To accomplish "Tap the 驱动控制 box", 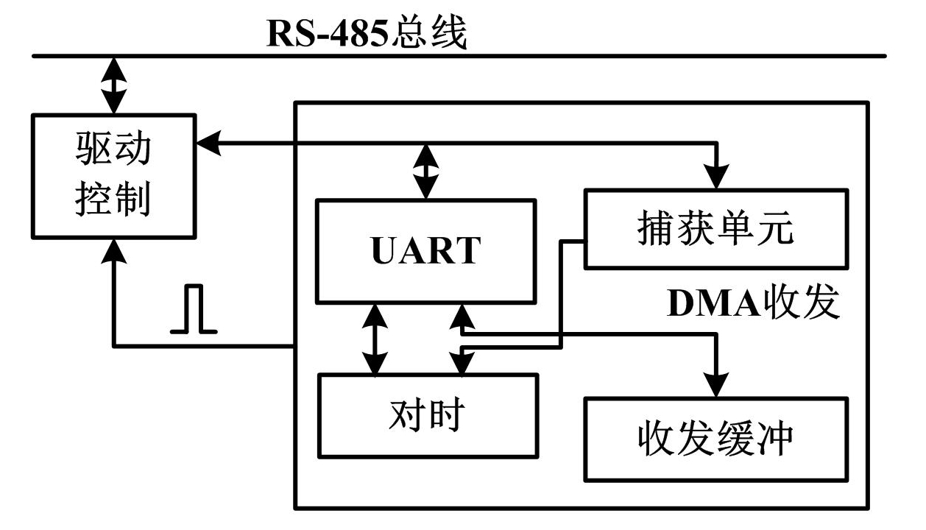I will (113, 175).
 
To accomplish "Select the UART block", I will (425, 250).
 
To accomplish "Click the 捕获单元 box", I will (715, 229).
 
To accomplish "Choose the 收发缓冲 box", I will (715, 438).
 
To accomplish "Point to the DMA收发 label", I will (753, 304).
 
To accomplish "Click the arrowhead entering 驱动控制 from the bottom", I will (113, 250).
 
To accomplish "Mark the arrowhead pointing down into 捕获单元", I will (715, 177).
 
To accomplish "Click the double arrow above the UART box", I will (426, 171).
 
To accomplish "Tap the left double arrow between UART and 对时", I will (375, 339).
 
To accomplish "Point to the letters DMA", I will (713, 305).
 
